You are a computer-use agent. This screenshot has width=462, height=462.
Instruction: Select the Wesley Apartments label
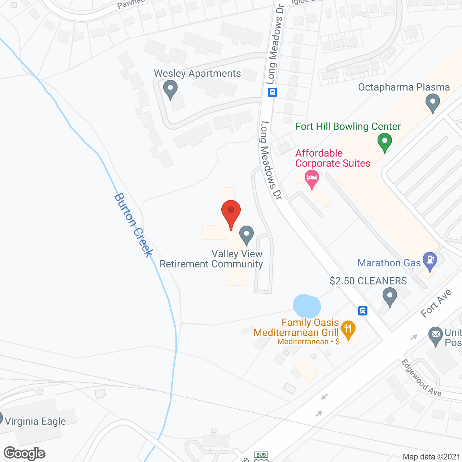click(x=197, y=74)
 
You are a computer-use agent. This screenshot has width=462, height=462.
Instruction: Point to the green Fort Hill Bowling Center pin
click(x=384, y=142)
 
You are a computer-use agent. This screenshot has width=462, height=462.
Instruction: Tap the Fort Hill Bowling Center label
click(x=348, y=127)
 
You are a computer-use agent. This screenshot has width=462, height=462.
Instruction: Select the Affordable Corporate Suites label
click(x=332, y=158)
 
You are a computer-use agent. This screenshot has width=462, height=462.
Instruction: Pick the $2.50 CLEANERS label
click(x=368, y=281)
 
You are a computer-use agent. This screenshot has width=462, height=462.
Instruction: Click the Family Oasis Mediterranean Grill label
click(x=296, y=328)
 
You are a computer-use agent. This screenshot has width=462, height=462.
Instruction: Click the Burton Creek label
click(x=134, y=225)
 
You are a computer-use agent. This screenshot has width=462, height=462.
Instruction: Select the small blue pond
click(x=307, y=306)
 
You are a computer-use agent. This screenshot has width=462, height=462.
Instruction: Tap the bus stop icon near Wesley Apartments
click(x=273, y=92)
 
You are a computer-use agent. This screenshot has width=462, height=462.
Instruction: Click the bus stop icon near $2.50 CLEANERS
click(x=363, y=310)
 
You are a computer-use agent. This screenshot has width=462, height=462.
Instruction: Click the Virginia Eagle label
click(x=35, y=422)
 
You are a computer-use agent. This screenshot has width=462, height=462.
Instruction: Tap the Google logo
click(x=25, y=453)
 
